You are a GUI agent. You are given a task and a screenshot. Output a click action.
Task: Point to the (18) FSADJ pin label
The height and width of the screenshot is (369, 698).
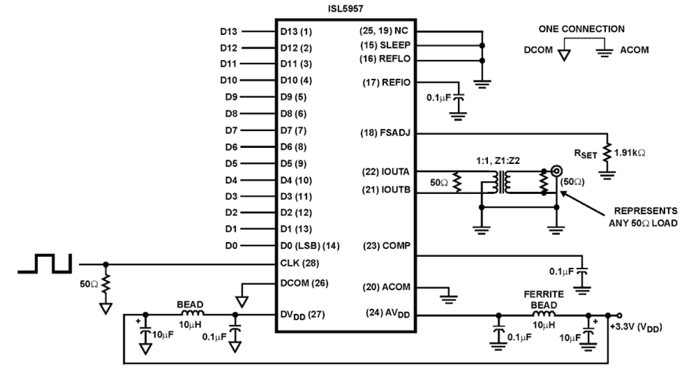point(387,133)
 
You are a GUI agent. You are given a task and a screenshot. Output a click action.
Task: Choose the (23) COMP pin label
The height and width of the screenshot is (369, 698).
point(388,246)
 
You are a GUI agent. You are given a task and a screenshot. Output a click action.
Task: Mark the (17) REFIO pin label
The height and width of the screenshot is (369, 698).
point(387,83)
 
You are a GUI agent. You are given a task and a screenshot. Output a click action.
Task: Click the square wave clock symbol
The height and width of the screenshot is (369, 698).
point(44,264)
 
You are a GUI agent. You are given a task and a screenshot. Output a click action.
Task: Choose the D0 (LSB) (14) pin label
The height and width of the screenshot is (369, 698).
point(309,246)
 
